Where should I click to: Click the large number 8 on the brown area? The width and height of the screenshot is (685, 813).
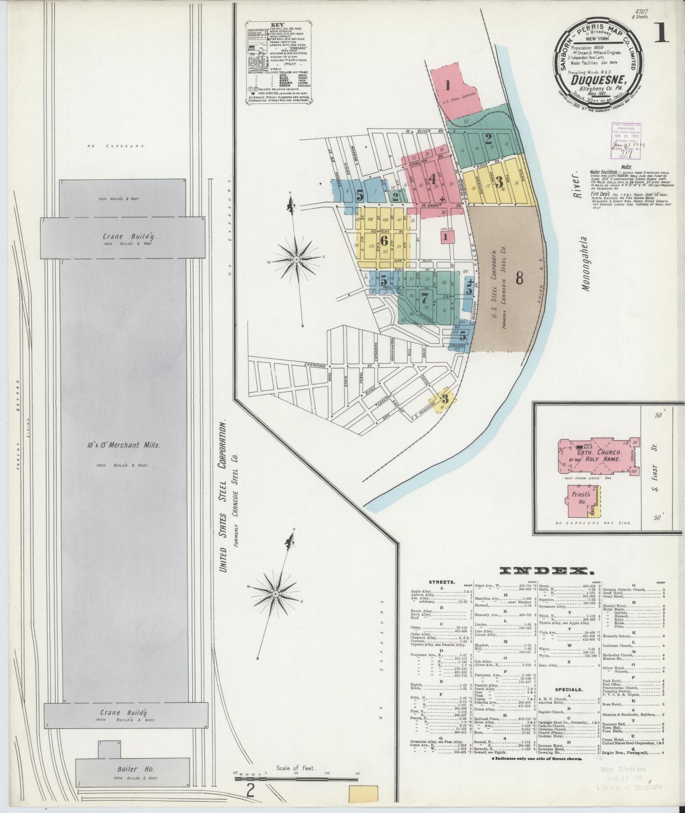(x=519, y=278)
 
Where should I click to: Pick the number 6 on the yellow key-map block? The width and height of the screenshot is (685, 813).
(x=384, y=240)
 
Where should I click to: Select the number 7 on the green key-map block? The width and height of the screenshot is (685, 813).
(x=424, y=298)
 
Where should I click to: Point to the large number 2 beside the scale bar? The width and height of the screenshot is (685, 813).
(x=250, y=791)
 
